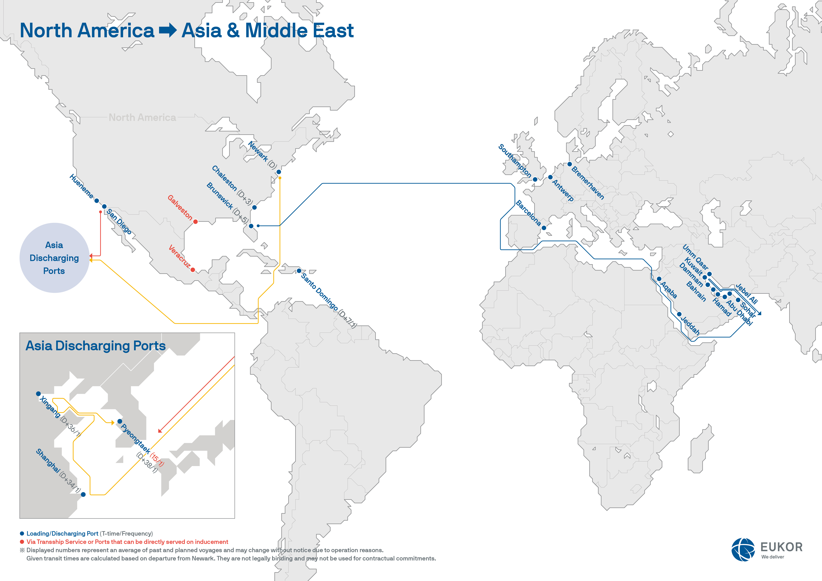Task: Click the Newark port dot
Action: (279, 172)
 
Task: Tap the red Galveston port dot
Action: (196, 222)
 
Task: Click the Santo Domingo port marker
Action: (299, 271)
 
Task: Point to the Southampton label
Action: (514, 161)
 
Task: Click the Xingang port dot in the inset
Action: (38, 394)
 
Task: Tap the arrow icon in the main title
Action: (168, 30)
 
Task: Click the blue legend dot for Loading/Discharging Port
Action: (22, 533)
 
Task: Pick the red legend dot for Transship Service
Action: (22, 542)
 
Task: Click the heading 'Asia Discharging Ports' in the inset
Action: (96, 346)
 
